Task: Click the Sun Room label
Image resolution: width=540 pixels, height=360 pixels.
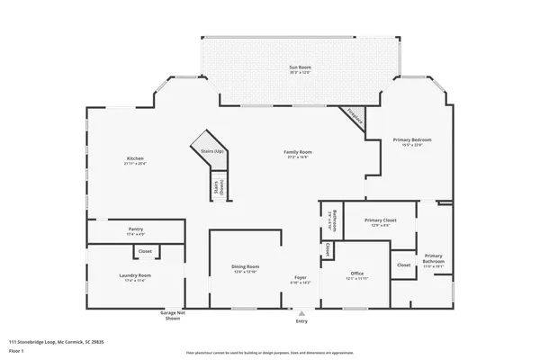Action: click(x=299, y=68)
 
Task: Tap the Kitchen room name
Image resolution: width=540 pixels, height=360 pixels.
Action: click(x=135, y=159)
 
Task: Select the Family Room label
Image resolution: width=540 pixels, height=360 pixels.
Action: click(x=298, y=153)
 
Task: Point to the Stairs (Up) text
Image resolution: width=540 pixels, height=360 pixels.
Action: click(x=211, y=153)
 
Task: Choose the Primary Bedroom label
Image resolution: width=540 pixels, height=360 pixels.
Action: click(x=412, y=140)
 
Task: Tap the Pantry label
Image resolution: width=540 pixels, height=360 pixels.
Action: click(x=135, y=229)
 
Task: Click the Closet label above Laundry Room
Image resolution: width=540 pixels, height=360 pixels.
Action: click(x=145, y=251)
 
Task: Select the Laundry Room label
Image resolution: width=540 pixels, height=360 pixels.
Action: click(x=135, y=275)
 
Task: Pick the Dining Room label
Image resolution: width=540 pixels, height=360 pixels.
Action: click(x=246, y=266)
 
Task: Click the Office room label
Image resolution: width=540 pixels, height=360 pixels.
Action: click(x=357, y=274)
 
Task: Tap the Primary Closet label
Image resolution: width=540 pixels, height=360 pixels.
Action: click(x=382, y=220)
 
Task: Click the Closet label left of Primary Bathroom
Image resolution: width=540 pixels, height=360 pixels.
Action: click(x=403, y=265)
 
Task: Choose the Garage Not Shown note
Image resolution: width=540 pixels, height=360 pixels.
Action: click(x=171, y=315)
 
